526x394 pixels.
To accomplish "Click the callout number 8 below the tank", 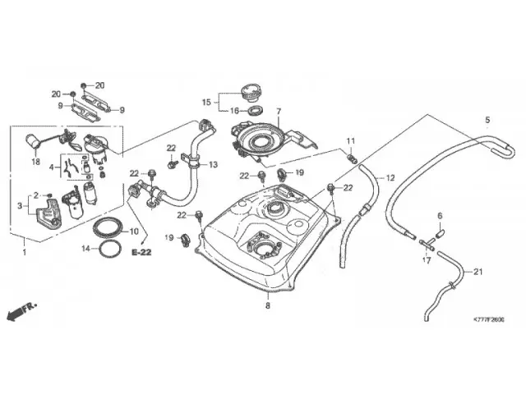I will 267,305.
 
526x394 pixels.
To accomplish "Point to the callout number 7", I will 278,111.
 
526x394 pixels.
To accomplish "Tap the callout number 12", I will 390,178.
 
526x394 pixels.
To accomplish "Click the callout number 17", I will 426,260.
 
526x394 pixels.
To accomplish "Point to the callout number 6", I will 439,216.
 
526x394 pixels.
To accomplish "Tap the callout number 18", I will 35,162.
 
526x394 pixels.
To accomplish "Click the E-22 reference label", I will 141,254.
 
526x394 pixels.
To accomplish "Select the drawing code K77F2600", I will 488,318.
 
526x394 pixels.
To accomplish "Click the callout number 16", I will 233,111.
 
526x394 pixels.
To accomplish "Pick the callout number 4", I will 53,167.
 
